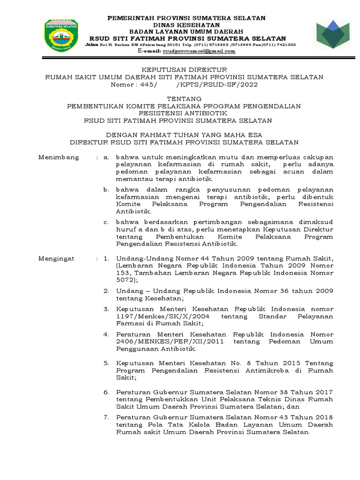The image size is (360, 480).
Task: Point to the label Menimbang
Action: point(59,157)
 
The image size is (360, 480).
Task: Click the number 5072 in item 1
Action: point(126,280)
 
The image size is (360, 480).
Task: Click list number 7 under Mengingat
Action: point(106,417)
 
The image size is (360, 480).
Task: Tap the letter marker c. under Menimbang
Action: point(106,222)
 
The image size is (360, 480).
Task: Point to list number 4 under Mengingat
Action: point(106,334)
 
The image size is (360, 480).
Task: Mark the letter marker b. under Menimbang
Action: point(106,189)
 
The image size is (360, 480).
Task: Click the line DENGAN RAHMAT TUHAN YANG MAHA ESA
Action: point(184,135)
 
